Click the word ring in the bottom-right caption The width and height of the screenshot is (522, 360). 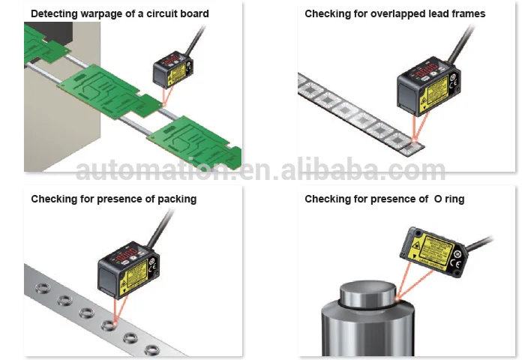pyautogui.click(x=454, y=199)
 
